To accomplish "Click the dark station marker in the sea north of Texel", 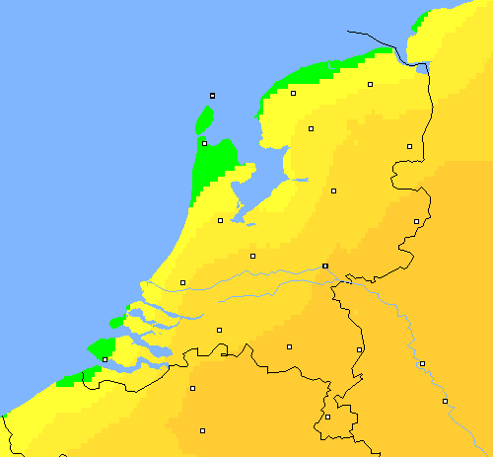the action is coord(212,96).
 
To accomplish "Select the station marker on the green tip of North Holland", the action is coord(204,143).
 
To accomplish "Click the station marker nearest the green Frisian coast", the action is coord(293,93).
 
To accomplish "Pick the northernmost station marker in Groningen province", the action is coord(370,85).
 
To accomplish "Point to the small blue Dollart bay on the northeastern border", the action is coord(424,68).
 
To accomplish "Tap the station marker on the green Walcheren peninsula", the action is coord(105,359).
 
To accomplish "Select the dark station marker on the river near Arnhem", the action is coord(325,266).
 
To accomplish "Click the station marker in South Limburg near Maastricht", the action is coord(327,417).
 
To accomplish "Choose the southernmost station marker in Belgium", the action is coord(202,430).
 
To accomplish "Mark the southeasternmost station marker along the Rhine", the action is coord(445,401).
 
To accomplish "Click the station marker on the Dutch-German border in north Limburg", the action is coord(359,349).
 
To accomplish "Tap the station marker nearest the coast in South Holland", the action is coord(182,282).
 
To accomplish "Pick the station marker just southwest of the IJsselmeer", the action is coord(220,220).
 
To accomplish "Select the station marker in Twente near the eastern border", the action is coord(416,221).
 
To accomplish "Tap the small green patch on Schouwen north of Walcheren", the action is coord(116,322).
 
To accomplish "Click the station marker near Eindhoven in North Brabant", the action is coord(290,346).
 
